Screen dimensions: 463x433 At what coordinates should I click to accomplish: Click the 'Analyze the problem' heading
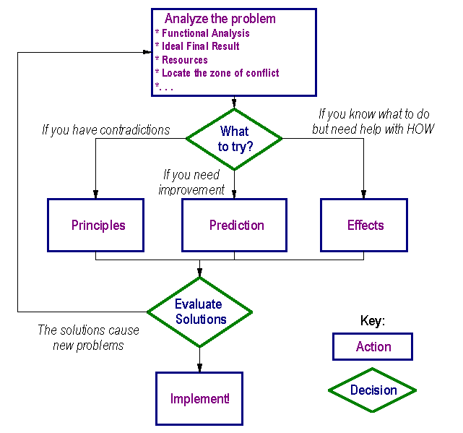click(x=220, y=19)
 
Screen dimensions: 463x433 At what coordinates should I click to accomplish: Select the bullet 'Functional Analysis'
click(x=206, y=33)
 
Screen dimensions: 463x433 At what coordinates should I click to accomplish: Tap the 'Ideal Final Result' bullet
click(x=201, y=46)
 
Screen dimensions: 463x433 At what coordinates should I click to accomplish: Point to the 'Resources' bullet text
click(x=185, y=60)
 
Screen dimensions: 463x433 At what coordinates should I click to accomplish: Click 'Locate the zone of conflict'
click(x=220, y=73)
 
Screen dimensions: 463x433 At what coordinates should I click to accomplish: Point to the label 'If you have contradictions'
click(x=106, y=130)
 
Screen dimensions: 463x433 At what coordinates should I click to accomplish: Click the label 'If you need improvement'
click(x=191, y=182)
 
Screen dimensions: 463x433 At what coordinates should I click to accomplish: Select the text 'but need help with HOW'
click(x=373, y=129)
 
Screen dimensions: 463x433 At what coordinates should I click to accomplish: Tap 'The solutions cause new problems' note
click(x=88, y=338)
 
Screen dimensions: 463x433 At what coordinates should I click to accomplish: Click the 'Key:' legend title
click(x=373, y=320)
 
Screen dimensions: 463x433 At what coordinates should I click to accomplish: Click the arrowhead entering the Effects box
click(x=363, y=194)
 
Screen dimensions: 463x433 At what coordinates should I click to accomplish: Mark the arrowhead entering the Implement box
click(x=199, y=368)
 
